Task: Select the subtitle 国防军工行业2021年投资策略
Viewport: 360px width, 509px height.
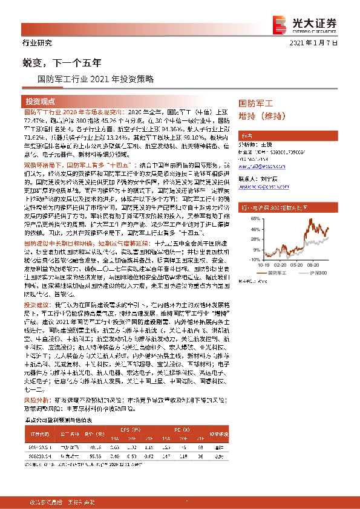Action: click(x=96, y=79)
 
